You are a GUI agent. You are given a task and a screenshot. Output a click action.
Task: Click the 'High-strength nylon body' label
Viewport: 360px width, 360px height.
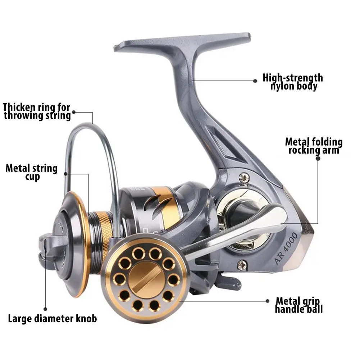pyautogui.click(x=292, y=82)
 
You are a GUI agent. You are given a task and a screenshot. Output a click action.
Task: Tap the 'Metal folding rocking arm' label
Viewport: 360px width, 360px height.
pyautogui.click(x=314, y=146)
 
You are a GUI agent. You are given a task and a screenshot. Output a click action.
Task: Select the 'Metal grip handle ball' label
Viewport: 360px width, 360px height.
pyautogui.click(x=299, y=305)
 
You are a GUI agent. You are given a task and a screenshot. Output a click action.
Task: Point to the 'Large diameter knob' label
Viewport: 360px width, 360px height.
pyautogui.click(x=53, y=318)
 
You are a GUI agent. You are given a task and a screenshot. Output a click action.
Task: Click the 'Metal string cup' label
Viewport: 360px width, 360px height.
pyautogui.click(x=32, y=172)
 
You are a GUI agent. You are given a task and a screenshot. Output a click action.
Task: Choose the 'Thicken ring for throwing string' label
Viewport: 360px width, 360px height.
pyautogui.click(x=37, y=111)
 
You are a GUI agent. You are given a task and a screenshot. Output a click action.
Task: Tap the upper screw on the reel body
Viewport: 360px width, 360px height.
pyautogui.click(x=245, y=177)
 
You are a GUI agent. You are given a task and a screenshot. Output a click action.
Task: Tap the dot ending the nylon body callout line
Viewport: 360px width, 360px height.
pyautogui.click(x=255, y=80)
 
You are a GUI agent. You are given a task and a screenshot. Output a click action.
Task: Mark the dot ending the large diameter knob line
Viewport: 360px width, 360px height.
pyautogui.click(x=45, y=309)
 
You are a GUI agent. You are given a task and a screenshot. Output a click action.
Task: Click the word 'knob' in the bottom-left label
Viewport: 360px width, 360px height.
pyautogui.click(x=86, y=318)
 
